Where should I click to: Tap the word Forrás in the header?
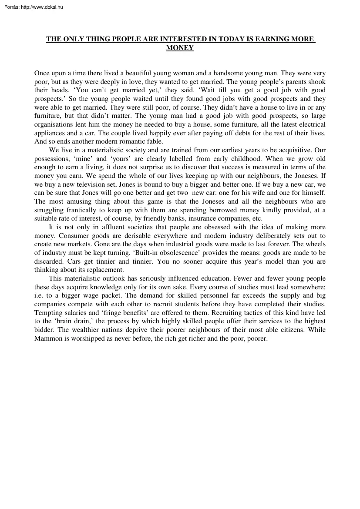coord(10,7)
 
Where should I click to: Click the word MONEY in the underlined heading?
coord(180,48)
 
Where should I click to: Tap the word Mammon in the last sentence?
coord(48,338)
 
